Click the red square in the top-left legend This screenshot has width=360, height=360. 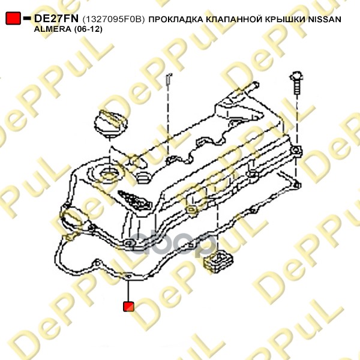coord(13,18)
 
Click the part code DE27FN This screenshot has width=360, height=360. coord(56,19)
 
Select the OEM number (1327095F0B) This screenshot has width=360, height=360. coord(113,20)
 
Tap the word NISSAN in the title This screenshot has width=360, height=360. coord(325,20)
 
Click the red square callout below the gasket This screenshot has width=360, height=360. coord(128,306)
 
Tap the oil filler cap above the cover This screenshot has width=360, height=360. coord(110,124)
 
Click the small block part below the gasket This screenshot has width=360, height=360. coord(218,262)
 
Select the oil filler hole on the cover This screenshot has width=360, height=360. coord(109,175)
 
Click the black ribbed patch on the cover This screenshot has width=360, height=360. coord(134,200)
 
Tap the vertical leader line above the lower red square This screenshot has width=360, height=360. coord(128,290)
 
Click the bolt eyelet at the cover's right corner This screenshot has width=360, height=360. coord(296,151)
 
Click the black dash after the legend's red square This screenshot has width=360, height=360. coord(27,18)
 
